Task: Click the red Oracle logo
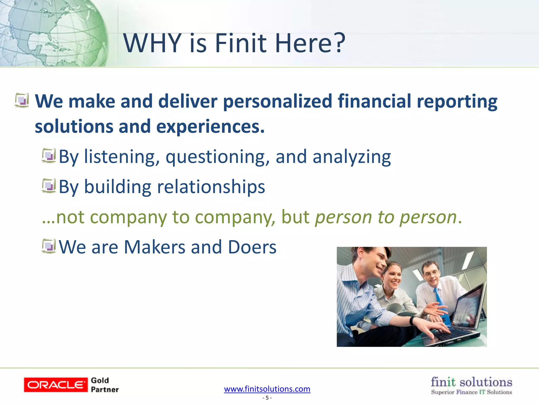click(56, 385)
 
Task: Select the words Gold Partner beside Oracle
click(104, 385)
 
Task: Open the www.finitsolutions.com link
click(267, 389)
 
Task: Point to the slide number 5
click(267, 398)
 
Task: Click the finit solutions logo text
click(471, 382)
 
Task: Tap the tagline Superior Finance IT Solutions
click(471, 392)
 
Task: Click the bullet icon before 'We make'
click(22, 100)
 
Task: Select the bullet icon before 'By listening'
click(49, 156)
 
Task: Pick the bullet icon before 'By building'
click(49, 186)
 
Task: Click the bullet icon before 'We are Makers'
click(49, 246)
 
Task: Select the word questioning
click(218, 157)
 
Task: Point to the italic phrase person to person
click(386, 217)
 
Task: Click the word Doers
click(252, 247)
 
